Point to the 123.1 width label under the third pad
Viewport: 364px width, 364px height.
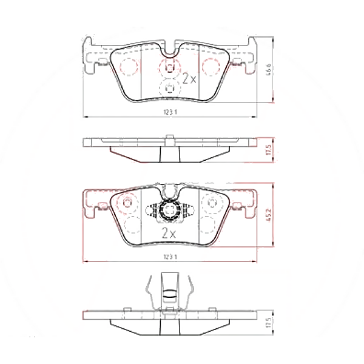pos(170,258)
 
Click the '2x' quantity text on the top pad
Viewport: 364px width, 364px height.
pos(189,79)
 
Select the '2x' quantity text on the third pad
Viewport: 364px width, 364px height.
pos(169,232)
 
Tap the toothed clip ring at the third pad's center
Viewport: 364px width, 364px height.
pos(169,210)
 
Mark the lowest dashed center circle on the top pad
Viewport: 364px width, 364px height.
pos(169,89)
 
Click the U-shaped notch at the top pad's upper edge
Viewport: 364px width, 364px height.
pos(169,49)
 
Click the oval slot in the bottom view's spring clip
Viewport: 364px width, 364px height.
pos(169,295)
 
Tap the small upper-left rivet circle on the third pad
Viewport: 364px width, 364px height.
pos(127,202)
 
